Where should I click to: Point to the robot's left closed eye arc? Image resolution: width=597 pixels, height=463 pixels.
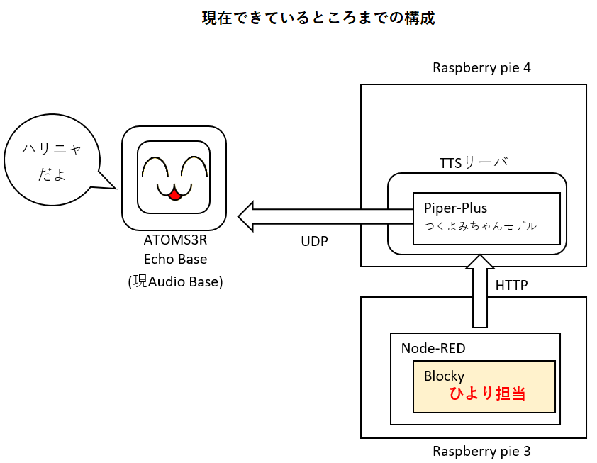pos(154,167)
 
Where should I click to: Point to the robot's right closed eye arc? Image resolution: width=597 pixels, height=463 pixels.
pos(194,167)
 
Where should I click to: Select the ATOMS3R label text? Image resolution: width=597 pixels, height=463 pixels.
pos(175,241)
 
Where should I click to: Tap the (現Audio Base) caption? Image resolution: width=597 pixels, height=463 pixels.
pos(175,281)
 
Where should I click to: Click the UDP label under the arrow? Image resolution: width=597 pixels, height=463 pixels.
pos(314,241)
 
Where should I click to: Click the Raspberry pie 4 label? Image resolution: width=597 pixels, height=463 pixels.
pos(481,68)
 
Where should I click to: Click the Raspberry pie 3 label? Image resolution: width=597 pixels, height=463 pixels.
pos(481,451)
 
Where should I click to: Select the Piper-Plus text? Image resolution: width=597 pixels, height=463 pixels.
pos(455,208)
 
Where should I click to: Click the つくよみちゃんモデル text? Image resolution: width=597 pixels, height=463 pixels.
pos(480,226)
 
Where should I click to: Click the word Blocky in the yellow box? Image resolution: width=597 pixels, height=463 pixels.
pos(444,376)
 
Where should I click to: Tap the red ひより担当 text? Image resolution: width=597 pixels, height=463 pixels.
pos(487,394)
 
